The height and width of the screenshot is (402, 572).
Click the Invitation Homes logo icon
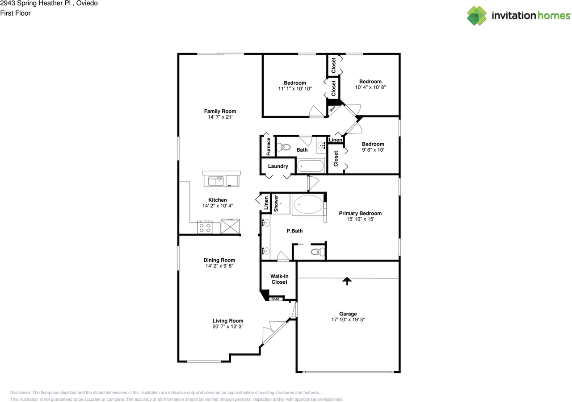click(x=477, y=16)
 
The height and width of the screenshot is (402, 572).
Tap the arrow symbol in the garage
click(x=347, y=281)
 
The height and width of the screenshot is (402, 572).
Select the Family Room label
click(x=220, y=111)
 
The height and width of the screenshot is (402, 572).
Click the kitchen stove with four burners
click(x=205, y=228)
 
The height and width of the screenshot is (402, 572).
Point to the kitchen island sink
click(x=216, y=181)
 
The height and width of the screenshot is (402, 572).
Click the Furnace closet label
click(x=269, y=146)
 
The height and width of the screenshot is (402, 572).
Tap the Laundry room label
click(x=278, y=166)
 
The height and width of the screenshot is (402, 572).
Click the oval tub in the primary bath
click(x=307, y=205)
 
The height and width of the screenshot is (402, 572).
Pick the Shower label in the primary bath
click(x=276, y=203)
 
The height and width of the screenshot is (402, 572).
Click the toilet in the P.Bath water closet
click(x=317, y=252)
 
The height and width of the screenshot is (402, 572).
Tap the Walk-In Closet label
click(x=279, y=279)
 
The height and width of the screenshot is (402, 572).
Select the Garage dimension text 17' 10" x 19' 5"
click(x=348, y=319)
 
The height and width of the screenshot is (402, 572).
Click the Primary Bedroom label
click(x=360, y=213)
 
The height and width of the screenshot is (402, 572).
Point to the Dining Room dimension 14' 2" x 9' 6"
click(x=219, y=266)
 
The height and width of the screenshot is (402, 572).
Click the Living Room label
click(x=228, y=320)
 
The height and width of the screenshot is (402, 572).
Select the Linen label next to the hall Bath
click(x=336, y=140)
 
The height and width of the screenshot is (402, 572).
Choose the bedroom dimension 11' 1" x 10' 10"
click(x=295, y=89)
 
